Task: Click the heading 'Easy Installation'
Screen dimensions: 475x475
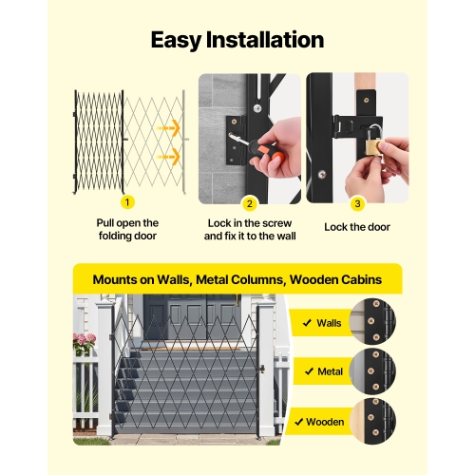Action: point(237,40)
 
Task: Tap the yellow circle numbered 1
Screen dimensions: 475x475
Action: point(128,201)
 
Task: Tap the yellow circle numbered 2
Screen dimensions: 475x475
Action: point(250,201)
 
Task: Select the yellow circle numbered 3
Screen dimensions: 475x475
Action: point(357,201)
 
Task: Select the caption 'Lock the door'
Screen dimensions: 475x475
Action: point(357,227)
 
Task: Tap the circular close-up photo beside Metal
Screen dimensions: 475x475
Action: point(372,370)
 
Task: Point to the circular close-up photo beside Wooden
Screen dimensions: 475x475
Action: point(372,420)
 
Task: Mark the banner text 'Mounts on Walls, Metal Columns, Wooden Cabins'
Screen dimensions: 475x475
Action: point(237,280)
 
